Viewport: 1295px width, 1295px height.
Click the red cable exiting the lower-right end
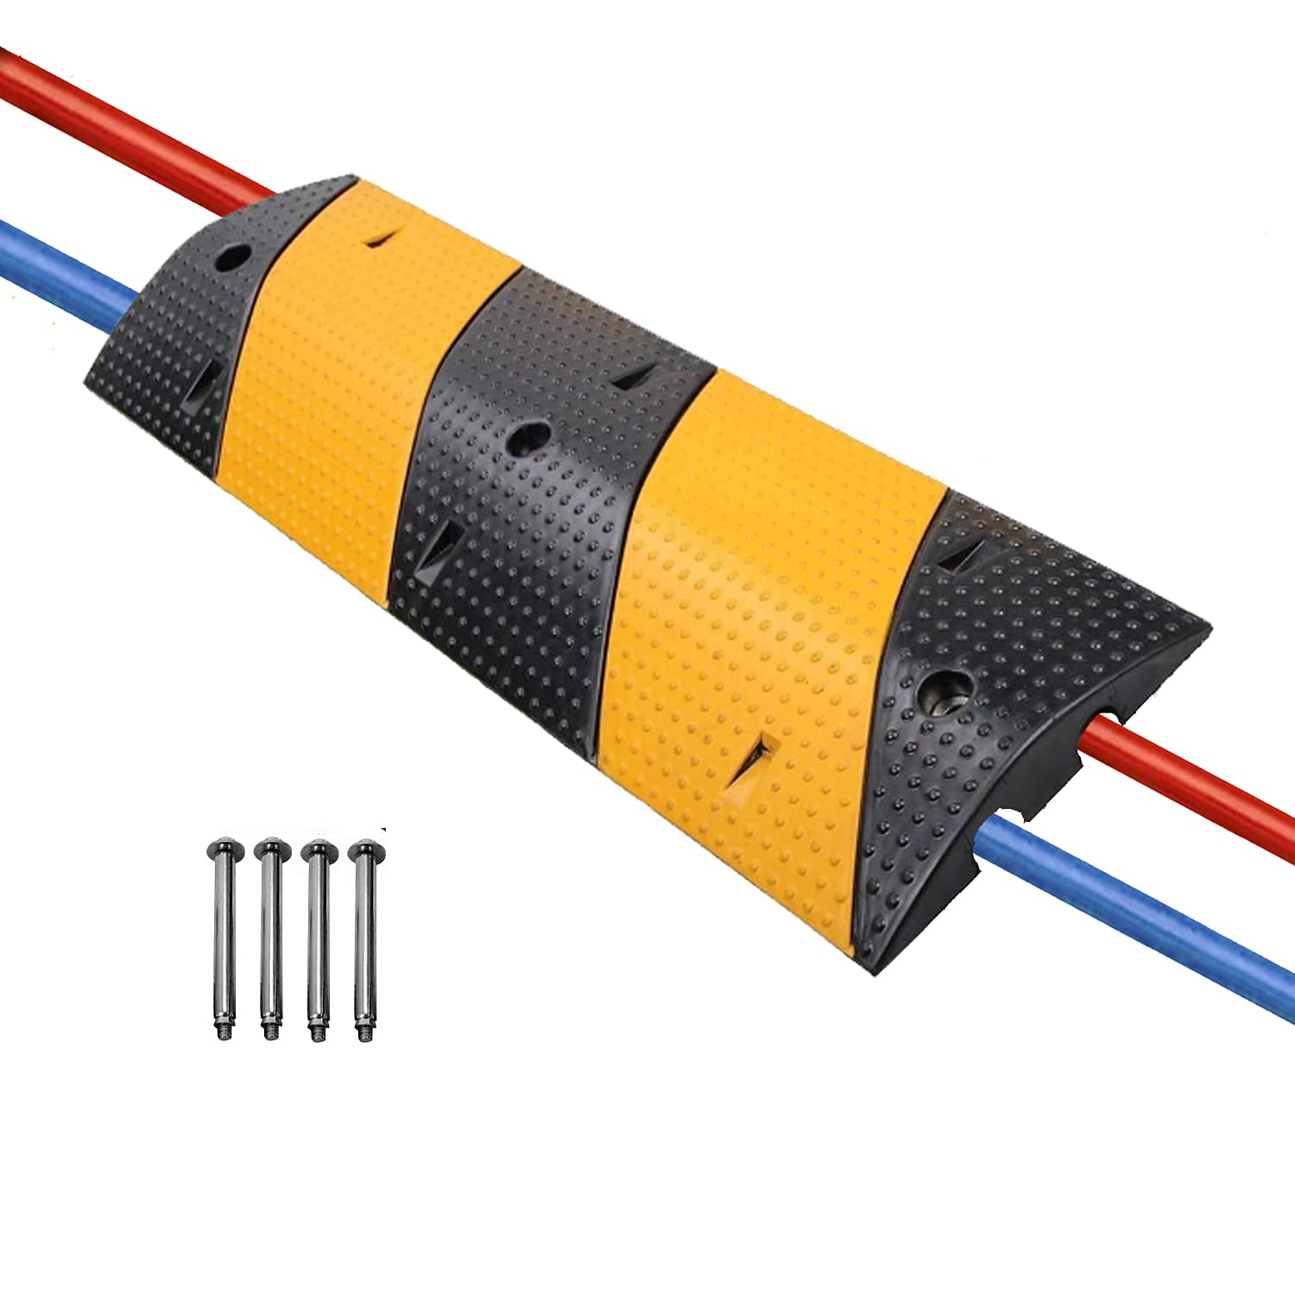tap(1209, 776)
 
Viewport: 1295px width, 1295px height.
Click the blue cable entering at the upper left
tap(60, 259)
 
